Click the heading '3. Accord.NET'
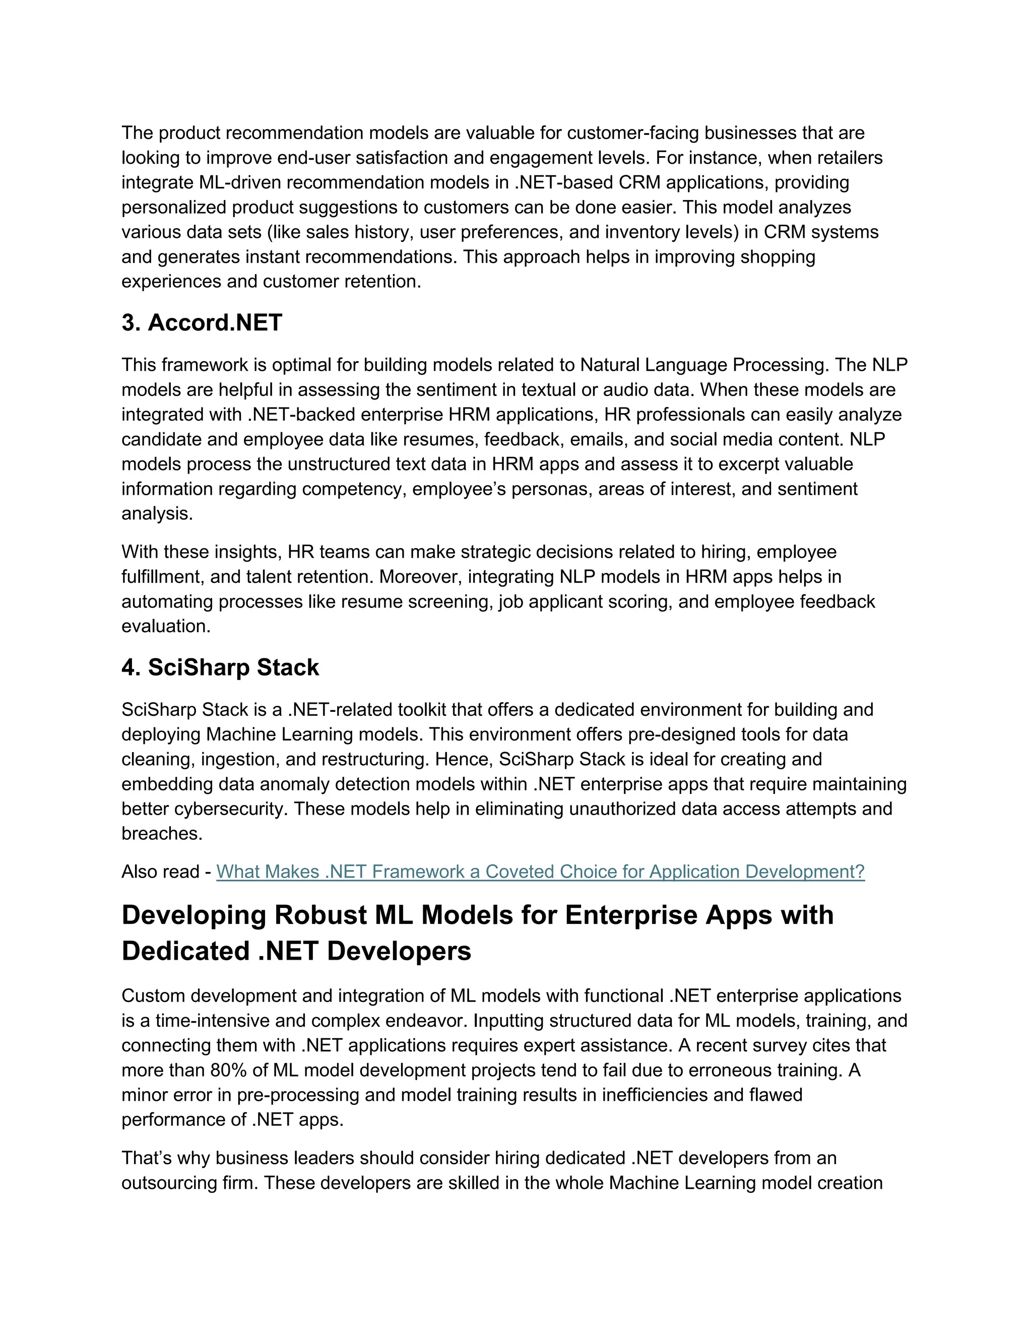[x=202, y=323]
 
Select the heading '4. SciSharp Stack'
[x=220, y=667]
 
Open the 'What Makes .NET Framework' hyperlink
[x=541, y=871]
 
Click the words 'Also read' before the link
[x=160, y=871]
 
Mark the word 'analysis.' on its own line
[x=157, y=513]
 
